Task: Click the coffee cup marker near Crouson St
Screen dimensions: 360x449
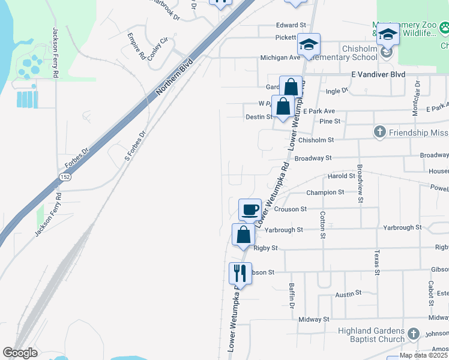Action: coord(250,210)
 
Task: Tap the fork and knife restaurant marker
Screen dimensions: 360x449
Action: coord(240,274)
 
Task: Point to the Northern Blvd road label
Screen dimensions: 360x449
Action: coord(174,77)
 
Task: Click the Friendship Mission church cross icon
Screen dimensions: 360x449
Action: coord(379,132)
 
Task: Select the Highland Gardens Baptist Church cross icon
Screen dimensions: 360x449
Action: coord(413,334)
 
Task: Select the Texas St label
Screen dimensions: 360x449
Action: coord(377,263)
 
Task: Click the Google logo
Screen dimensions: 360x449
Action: coord(20,353)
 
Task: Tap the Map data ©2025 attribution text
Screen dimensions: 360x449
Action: coord(423,355)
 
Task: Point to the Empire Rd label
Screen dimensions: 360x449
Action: coord(137,46)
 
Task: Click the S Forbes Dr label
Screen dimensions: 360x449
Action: coord(135,146)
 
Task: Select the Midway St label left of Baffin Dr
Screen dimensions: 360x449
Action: coord(314,320)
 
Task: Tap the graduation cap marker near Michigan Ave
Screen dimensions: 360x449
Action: coord(309,45)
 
